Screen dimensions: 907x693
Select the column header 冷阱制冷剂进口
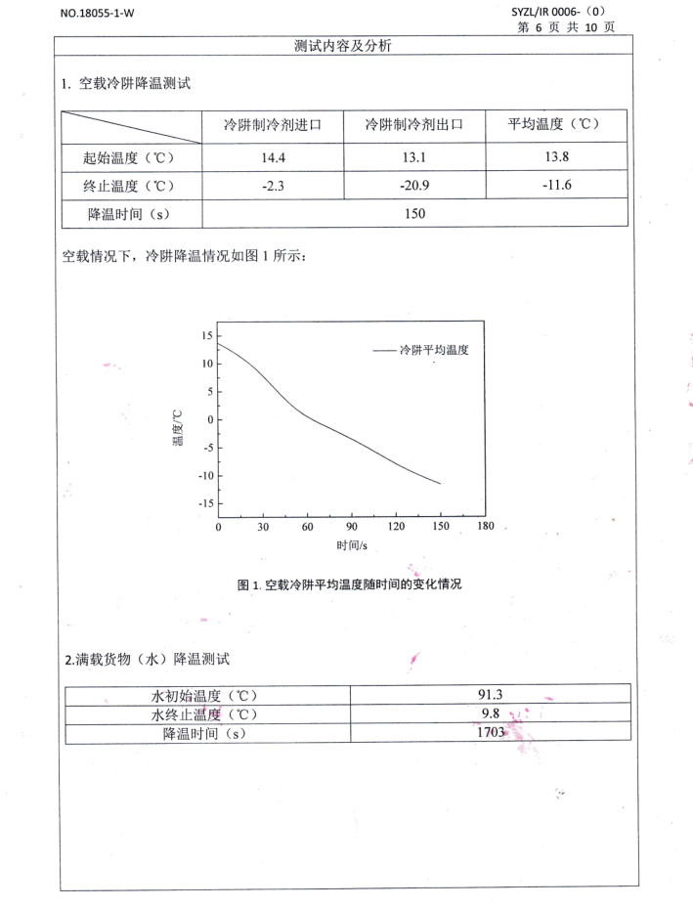(273, 126)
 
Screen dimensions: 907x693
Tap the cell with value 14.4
(273, 155)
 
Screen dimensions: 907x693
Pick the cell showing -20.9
(413, 183)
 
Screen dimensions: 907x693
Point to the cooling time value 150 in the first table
(413, 212)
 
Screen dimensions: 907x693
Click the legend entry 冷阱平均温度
(434, 349)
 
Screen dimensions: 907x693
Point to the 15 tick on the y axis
(204, 336)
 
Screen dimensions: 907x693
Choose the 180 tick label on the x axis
(486, 529)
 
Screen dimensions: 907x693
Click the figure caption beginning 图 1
(349, 584)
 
